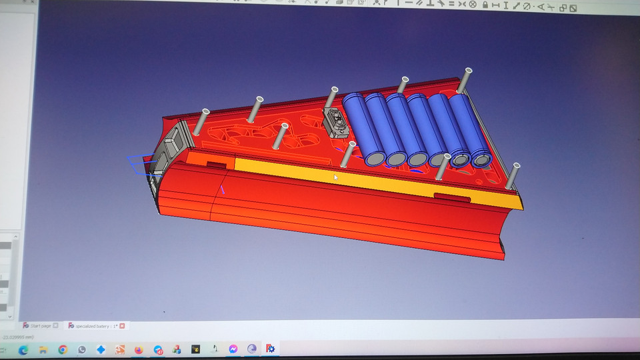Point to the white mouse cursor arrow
pyautogui.click(x=335, y=177)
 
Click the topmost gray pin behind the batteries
pyautogui.click(x=463, y=81)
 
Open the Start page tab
pyautogui.click(x=39, y=325)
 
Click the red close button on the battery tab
pyautogui.click(x=123, y=325)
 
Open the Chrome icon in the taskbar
pyautogui.click(x=63, y=349)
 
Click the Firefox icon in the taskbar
pyautogui.click(x=139, y=349)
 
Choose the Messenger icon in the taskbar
pyautogui.click(x=233, y=349)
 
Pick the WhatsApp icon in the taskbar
pyautogui.click(x=81, y=349)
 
